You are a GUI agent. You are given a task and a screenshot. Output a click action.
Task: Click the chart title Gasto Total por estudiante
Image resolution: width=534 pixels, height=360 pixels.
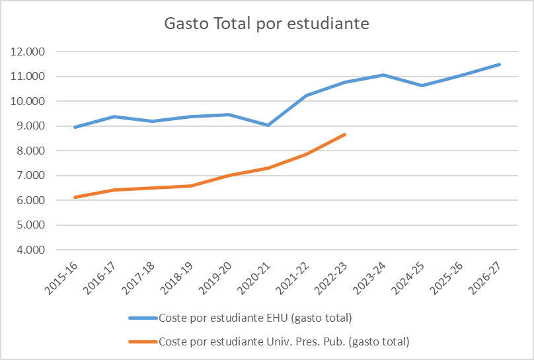tap(266, 24)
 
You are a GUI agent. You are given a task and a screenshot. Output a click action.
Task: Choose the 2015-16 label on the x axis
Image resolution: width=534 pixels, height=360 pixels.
tap(63, 277)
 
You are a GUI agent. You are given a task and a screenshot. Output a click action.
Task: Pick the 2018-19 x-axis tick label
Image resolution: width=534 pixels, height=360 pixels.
tap(179, 277)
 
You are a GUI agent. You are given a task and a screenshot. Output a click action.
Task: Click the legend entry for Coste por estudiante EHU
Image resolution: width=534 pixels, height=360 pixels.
tap(254, 318)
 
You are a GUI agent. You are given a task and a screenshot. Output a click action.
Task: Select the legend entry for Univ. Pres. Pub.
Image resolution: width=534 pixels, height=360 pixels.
tap(284, 342)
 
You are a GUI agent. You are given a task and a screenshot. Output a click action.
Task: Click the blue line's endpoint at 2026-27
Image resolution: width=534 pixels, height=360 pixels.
tap(500, 64)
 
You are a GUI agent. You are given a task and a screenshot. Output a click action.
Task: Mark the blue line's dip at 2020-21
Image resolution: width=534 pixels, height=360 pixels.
tap(268, 125)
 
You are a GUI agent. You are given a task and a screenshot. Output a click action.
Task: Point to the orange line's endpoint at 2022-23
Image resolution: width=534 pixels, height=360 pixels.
tap(345, 134)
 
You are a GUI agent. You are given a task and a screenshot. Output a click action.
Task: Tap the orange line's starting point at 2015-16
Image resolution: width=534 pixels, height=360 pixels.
tap(75, 197)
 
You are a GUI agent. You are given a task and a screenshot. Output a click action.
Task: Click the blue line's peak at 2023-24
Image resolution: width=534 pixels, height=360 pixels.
tap(383, 75)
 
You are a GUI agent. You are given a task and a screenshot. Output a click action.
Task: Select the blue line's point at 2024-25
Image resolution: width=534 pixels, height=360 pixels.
tap(422, 85)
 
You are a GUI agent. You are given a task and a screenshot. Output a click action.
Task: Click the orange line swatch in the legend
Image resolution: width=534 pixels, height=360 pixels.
tap(143, 342)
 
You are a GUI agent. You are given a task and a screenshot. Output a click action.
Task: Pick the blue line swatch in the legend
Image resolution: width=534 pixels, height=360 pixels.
tap(143, 318)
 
